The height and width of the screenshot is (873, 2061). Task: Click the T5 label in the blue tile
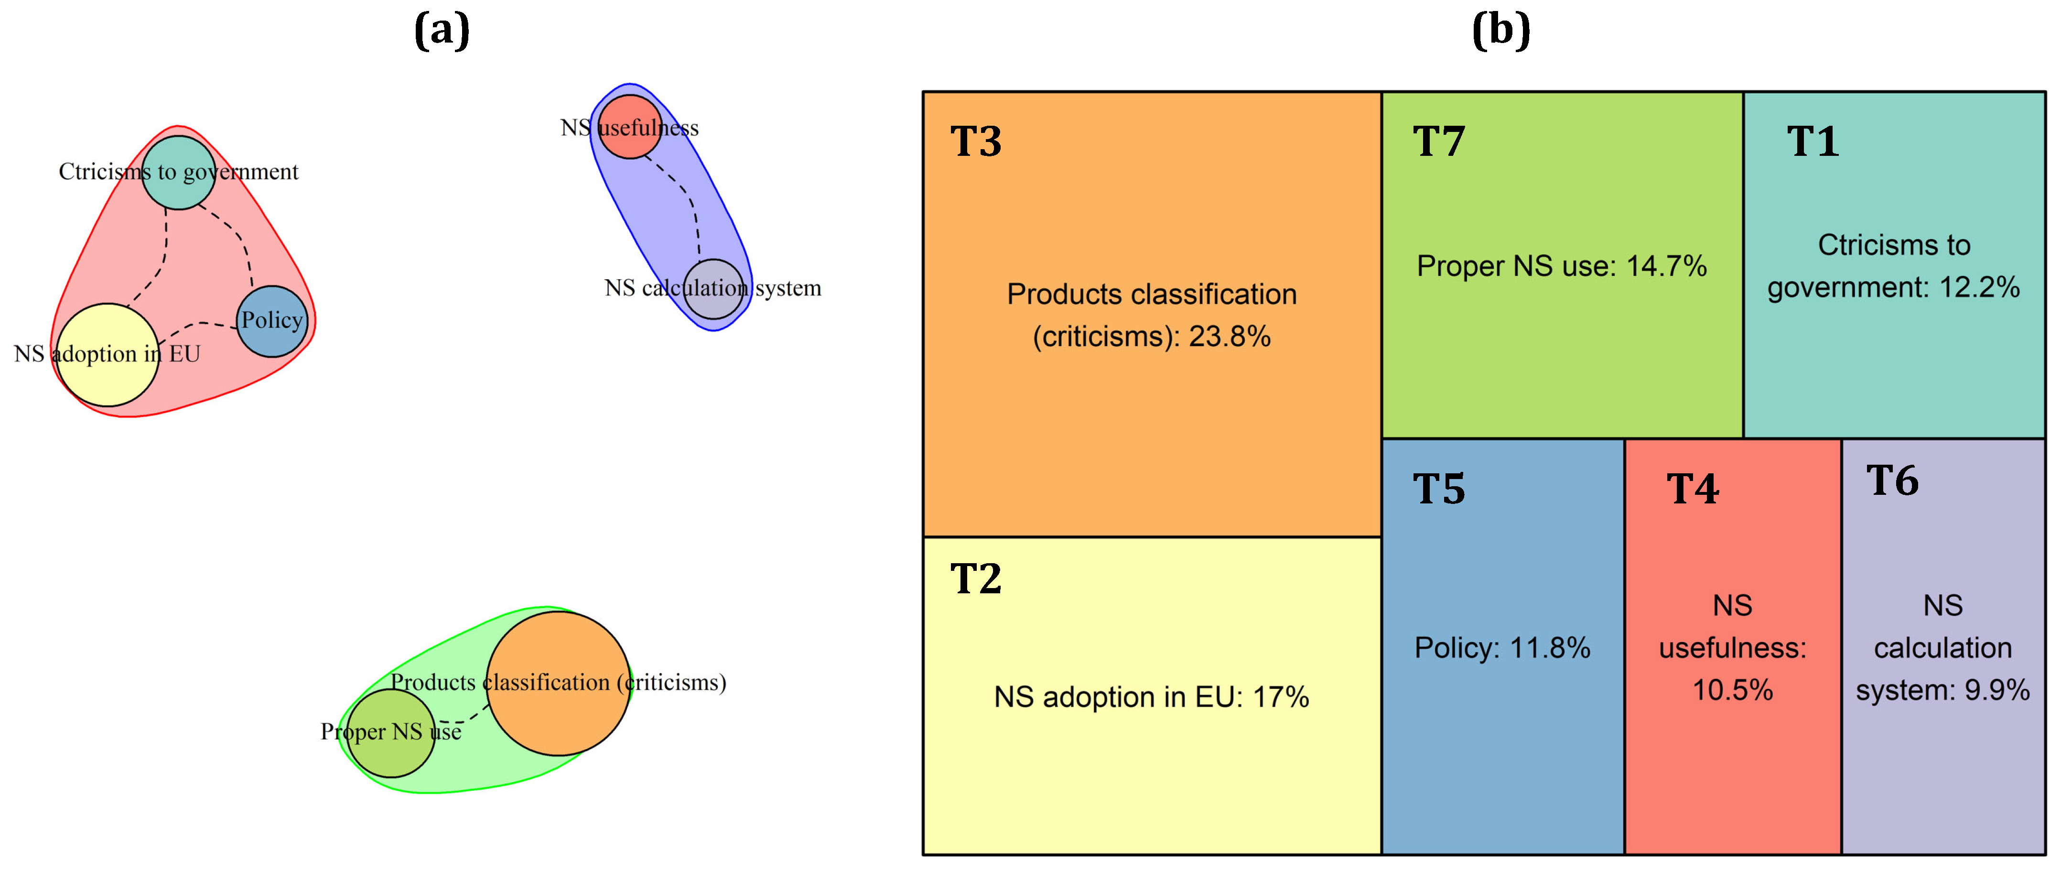[x=1438, y=489]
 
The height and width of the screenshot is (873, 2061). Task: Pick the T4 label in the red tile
[x=1692, y=489]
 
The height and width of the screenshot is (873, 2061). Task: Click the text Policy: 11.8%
[x=1502, y=648]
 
